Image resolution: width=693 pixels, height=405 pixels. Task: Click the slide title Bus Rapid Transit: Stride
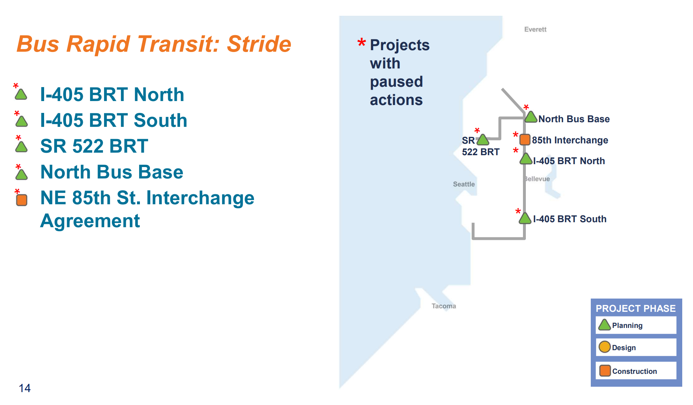click(x=154, y=44)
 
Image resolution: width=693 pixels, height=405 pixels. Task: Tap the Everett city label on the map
click(x=535, y=29)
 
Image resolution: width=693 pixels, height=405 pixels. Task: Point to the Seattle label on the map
click(x=463, y=184)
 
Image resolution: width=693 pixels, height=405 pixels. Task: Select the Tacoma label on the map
click(x=444, y=306)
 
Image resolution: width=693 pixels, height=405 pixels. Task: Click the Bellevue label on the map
click(x=537, y=179)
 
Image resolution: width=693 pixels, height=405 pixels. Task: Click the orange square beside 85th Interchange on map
click(x=525, y=139)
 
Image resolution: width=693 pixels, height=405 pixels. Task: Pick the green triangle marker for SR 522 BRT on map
click(x=483, y=140)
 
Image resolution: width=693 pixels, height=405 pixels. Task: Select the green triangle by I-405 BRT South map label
click(x=525, y=219)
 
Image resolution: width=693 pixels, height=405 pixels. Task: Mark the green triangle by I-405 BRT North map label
click(x=526, y=159)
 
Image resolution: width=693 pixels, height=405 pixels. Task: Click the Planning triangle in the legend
click(x=604, y=325)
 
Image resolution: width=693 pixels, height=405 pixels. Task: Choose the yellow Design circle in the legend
click(x=604, y=347)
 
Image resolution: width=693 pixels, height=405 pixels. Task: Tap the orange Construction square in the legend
click(x=605, y=371)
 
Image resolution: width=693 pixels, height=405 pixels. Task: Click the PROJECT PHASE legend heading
click(x=636, y=309)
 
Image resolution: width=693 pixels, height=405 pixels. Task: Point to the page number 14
click(x=25, y=388)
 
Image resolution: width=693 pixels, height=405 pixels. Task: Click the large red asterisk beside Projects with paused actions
click(x=362, y=43)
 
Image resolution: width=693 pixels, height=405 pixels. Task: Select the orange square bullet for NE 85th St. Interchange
click(x=22, y=200)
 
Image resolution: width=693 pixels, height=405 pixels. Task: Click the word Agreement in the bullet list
click(x=90, y=221)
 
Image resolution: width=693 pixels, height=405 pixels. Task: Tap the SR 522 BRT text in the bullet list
click(x=94, y=146)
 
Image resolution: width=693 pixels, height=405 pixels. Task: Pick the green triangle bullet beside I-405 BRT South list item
click(x=22, y=121)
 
